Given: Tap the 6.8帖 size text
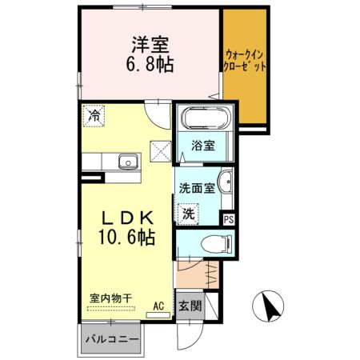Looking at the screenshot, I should [x=150, y=63].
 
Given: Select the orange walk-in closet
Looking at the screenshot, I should [x=246, y=68].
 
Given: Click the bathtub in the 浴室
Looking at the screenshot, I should [x=206, y=120].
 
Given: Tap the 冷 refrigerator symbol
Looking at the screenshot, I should [x=94, y=116].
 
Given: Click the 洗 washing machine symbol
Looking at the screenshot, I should [x=188, y=214].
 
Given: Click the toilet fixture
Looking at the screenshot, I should [x=214, y=243].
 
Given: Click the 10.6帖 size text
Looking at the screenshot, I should [x=126, y=238].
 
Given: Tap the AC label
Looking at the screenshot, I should [x=158, y=305].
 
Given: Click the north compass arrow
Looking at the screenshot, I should [x=270, y=306].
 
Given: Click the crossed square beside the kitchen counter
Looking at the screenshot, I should [x=159, y=149].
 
